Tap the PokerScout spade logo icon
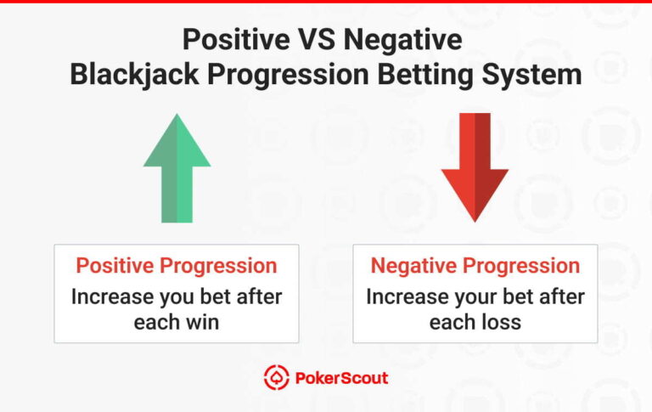click(276, 377)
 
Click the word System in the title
click(532, 74)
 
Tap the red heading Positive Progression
click(177, 266)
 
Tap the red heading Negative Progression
click(475, 266)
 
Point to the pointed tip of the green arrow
click(177, 116)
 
